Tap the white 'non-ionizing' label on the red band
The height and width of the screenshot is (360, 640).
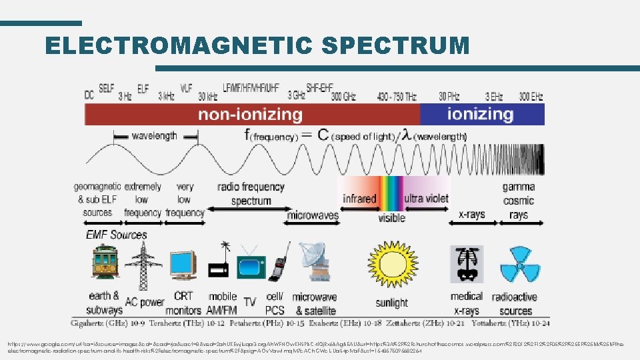click(250, 115)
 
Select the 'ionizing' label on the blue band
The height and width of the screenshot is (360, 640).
click(480, 114)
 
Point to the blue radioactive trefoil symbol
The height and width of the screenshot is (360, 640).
click(515, 264)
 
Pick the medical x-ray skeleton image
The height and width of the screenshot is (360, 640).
click(466, 264)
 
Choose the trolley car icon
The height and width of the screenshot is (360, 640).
click(105, 264)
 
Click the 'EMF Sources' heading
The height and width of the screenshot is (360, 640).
click(116, 235)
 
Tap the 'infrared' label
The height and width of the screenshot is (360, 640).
click(359, 199)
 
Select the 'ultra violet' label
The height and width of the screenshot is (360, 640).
click(426, 198)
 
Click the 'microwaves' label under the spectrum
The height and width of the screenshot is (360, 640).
click(312, 215)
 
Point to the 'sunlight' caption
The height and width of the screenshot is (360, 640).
click(391, 303)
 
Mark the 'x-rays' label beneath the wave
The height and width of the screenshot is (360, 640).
click(471, 215)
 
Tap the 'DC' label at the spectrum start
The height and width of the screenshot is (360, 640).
click(89, 95)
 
